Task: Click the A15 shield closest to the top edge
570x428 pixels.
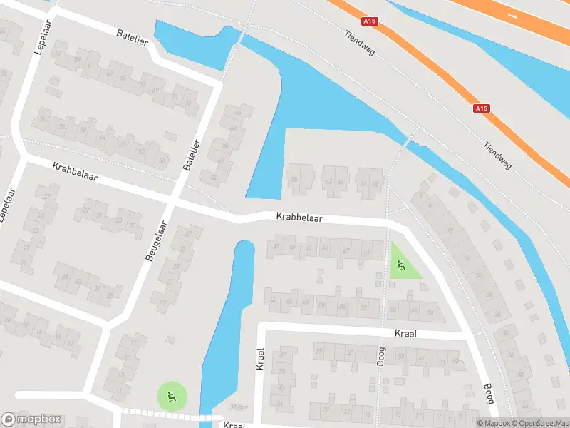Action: [x=369, y=21]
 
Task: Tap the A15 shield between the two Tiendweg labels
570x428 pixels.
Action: [x=482, y=108]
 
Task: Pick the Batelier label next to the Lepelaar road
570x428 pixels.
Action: [x=133, y=37]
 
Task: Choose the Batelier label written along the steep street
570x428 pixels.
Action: [x=192, y=153]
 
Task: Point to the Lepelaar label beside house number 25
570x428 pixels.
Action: [x=9, y=205]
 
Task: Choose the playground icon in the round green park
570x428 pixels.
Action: [x=171, y=394]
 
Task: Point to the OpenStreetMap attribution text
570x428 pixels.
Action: [x=538, y=423]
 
